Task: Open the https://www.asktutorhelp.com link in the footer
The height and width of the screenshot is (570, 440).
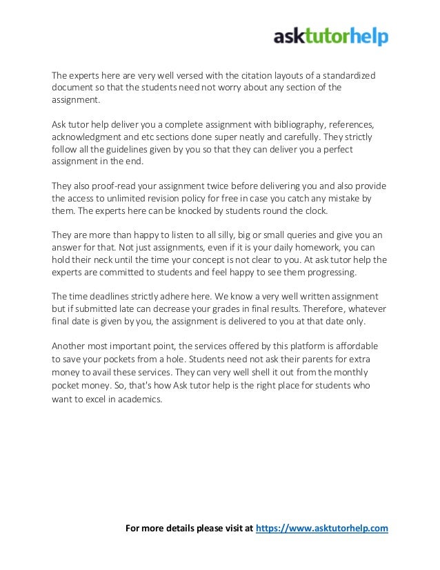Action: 322,529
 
